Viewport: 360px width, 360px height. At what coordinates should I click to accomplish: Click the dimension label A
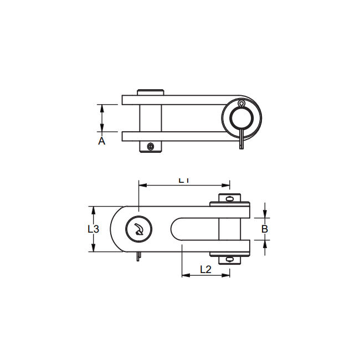click(x=101, y=141)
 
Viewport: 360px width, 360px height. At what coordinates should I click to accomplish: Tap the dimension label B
click(x=265, y=228)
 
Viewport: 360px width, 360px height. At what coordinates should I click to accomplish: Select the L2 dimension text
click(x=205, y=269)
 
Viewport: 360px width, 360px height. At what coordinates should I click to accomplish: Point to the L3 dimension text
click(x=94, y=229)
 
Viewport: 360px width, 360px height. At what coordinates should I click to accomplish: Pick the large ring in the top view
click(x=239, y=118)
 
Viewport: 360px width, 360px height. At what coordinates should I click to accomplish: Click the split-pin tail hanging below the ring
click(x=242, y=142)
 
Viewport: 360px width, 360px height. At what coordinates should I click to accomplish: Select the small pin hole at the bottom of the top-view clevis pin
click(x=150, y=146)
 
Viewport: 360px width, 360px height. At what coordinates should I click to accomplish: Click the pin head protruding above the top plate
click(x=151, y=92)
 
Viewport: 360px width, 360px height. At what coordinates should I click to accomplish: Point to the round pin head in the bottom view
click(x=137, y=229)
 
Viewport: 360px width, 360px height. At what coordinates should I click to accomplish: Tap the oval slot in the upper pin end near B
click(x=230, y=198)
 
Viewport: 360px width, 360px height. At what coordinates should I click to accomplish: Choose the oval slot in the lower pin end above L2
click(x=230, y=259)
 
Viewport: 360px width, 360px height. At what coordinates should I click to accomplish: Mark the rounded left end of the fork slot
click(x=176, y=229)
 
